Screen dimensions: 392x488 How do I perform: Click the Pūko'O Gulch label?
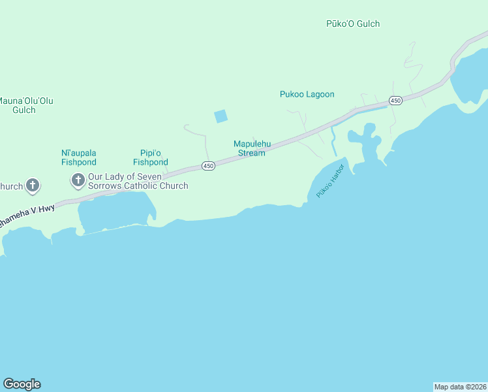click(352, 24)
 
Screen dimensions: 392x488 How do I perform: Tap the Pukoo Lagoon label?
click(307, 95)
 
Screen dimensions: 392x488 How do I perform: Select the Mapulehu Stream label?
click(252, 148)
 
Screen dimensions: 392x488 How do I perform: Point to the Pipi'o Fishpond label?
click(151, 157)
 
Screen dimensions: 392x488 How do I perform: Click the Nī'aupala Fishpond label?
click(79, 157)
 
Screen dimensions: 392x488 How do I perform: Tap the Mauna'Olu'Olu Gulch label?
click(25, 105)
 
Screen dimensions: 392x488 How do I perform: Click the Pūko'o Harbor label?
click(329, 185)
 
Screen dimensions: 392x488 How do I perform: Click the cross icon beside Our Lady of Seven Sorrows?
click(78, 179)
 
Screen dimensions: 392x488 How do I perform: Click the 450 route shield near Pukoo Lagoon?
click(395, 101)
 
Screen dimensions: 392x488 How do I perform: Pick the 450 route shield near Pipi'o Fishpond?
click(208, 166)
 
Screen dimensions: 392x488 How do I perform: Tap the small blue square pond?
click(221, 116)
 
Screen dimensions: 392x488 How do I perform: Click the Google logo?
click(22, 384)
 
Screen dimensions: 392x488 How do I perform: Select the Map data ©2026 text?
click(460, 387)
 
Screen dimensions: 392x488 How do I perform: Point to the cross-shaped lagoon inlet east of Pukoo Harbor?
click(365, 140)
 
